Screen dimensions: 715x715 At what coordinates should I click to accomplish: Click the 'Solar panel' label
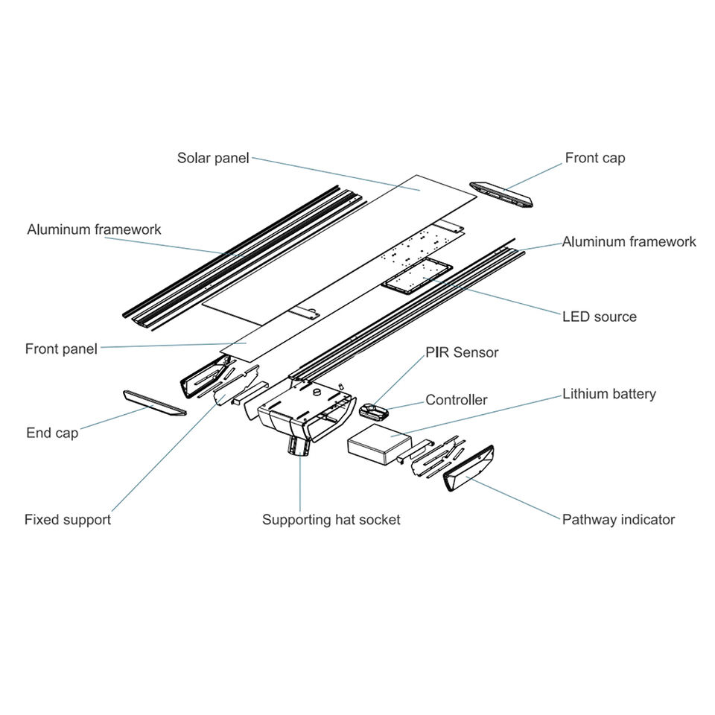point(213,158)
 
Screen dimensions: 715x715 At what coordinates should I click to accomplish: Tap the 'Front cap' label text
point(594,158)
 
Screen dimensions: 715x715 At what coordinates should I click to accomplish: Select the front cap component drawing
point(502,194)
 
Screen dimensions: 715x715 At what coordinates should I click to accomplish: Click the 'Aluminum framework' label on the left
point(94,229)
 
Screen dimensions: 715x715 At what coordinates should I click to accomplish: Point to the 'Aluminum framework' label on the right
point(629,241)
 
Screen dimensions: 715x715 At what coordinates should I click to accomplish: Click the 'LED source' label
point(599,317)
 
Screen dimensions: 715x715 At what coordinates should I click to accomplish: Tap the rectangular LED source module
point(416,276)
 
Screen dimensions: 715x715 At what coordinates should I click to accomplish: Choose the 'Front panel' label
point(61,349)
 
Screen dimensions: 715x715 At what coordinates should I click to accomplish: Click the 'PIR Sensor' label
point(462,352)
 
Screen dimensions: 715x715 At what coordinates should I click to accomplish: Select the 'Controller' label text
point(456,400)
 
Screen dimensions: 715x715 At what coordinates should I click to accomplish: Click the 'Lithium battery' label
point(608,394)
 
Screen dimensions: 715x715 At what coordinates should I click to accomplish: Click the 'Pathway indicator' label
point(618,520)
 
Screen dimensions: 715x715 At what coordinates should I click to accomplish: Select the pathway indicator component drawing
point(468,468)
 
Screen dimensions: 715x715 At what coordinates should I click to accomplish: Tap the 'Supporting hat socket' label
point(331,520)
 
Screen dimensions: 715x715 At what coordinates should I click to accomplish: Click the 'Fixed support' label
point(67,520)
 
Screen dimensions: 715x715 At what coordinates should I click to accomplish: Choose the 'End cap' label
point(51,433)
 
